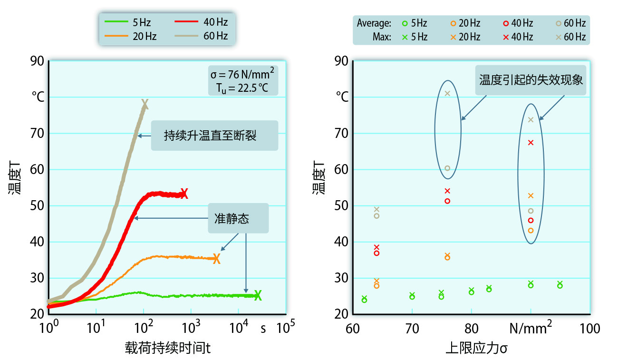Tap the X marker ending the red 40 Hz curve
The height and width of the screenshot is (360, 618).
point(184,194)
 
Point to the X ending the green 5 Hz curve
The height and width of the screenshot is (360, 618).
point(258,295)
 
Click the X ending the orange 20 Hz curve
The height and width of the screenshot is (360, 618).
point(217,259)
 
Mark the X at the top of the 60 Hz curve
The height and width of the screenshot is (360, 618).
point(145,104)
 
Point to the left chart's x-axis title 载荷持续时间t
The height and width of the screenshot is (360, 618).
point(168,349)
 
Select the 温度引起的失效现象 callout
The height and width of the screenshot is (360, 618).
point(531,79)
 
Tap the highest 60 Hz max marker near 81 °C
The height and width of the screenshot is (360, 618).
point(447,93)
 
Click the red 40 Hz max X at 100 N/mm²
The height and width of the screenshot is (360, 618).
point(531,142)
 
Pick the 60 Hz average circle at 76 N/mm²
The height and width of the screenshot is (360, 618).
point(447,168)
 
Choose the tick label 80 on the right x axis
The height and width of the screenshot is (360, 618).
point(471,328)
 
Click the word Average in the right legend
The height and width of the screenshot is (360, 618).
point(374,23)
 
